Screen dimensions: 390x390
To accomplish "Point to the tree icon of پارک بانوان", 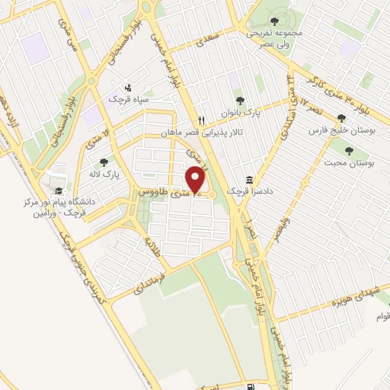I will pos(240,99).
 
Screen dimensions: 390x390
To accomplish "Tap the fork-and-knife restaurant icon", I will pos(202,120).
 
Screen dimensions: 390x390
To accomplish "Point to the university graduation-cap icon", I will pos(59,191).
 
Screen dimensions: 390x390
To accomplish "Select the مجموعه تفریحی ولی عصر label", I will pos(275,38).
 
